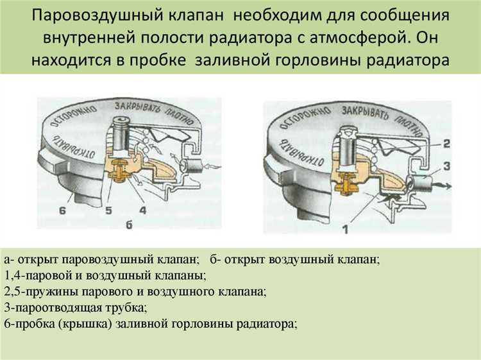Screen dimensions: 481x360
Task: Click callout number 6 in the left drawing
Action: (x=63, y=210)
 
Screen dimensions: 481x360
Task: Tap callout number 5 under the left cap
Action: (x=108, y=210)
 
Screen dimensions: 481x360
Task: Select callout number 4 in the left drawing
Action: (x=142, y=210)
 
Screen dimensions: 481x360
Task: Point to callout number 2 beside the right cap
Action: (x=446, y=143)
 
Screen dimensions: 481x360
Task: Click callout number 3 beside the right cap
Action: (x=446, y=166)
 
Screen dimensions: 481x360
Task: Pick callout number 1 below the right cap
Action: (x=346, y=229)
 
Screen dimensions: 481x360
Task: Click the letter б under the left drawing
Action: (x=129, y=225)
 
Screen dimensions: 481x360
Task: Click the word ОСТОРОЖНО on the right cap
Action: (x=305, y=118)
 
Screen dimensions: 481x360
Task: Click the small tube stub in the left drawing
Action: (x=190, y=167)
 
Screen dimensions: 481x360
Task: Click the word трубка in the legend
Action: (x=125, y=307)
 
